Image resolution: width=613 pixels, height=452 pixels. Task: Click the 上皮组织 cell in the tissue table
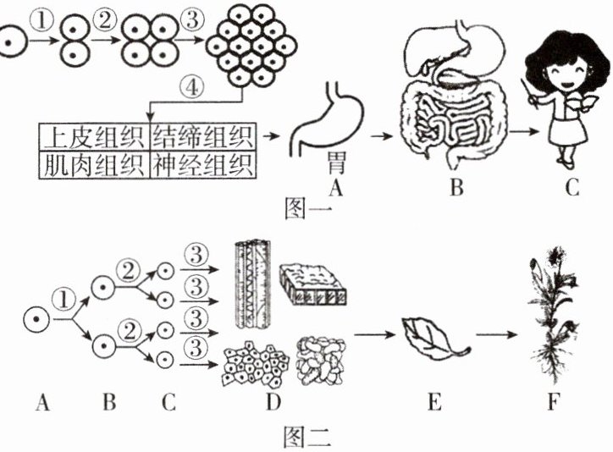(94, 137)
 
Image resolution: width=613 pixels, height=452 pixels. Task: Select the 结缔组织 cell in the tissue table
(203, 137)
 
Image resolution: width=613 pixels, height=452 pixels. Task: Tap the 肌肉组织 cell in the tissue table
(94, 164)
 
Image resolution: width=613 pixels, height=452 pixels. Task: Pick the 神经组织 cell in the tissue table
(203, 164)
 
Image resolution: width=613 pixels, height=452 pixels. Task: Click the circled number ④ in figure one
(191, 87)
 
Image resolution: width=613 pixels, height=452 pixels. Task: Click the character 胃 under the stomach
(336, 163)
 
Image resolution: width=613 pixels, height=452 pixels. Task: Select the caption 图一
(308, 208)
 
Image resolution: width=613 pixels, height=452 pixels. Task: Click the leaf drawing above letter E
(434, 339)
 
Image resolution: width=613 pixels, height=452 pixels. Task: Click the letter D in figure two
(273, 401)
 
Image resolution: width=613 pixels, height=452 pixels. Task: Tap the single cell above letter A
(36, 319)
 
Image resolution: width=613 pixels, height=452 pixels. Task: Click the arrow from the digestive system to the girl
(523, 132)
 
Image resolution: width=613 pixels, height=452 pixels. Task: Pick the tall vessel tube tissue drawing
(253, 284)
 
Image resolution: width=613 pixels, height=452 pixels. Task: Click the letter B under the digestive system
(456, 187)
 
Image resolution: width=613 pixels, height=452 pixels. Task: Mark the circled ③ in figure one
(191, 19)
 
